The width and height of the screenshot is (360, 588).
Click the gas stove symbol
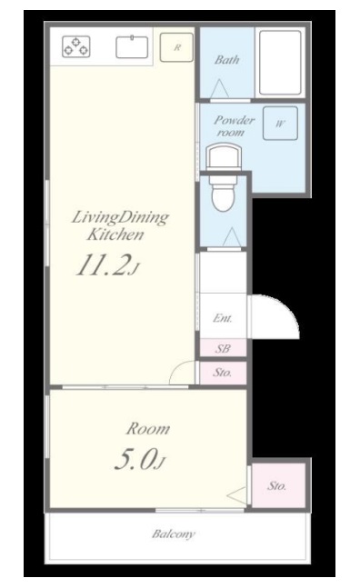click(x=76, y=46)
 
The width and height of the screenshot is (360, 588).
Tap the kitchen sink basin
click(x=132, y=47)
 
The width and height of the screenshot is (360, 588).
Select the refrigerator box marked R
click(x=176, y=47)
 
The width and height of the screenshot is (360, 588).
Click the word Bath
click(x=227, y=60)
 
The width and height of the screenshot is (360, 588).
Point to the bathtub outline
click(x=280, y=63)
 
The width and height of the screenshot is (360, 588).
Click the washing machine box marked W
click(x=280, y=124)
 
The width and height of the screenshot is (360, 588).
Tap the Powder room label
click(x=234, y=126)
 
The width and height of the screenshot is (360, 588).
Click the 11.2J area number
click(x=107, y=265)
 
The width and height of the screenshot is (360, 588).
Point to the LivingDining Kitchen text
click(x=120, y=225)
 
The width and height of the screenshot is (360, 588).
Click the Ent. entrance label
click(x=223, y=318)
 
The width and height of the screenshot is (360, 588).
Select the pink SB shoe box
click(x=223, y=348)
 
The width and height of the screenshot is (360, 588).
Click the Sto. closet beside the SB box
click(x=223, y=373)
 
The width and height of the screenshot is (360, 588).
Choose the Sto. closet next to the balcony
click(x=277, y=485)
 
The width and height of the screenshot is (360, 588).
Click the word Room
click(x=148, y=429)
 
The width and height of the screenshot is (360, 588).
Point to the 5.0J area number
click(x=139, y=459)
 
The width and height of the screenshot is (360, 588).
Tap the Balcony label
click(x=174, y=533)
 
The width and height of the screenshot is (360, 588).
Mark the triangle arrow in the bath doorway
click(x=219, y=89)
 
